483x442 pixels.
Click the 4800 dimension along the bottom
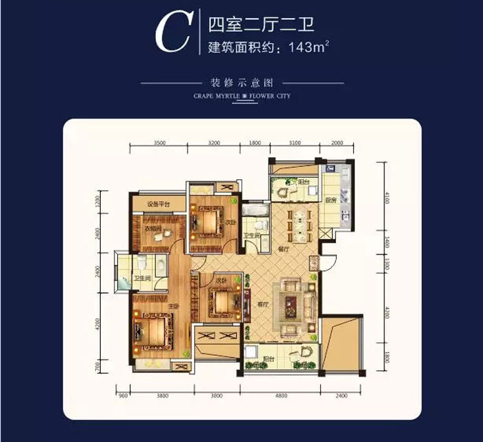[276, 396]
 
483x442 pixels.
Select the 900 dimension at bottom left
[122, 396]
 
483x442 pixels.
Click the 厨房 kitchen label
[331, 200]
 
